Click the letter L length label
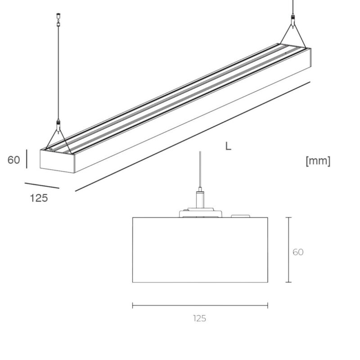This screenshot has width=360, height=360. (x=228, y=147)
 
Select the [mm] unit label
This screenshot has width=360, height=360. (x=318, y=161)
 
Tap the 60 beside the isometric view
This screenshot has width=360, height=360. (x=14, y=160)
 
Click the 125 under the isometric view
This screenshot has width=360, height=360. (x=39, y=198)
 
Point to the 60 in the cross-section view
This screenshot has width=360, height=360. (x=298, y=252)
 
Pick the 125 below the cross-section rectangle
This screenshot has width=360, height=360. (x=200, y=319)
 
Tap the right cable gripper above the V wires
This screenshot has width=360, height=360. (x=293, y=20)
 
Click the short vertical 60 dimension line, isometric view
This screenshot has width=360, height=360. (x=27, y=159)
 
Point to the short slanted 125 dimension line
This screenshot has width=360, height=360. (x=42, y=185)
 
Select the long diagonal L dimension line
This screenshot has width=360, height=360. (x=193, y=136)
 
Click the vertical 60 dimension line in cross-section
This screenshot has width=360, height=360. (x=288, y=250)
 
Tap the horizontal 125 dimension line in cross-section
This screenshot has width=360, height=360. (x=200, y=306)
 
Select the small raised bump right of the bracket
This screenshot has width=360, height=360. (x=241, y=216)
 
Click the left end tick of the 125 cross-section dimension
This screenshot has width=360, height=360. (x=133, y=306)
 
